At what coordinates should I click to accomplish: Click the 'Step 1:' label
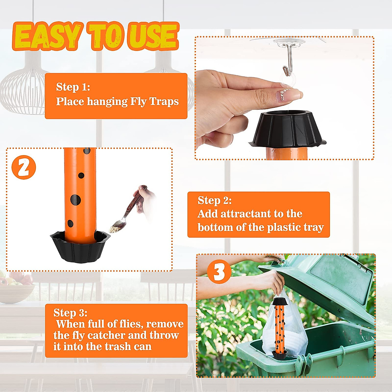click(73, 87)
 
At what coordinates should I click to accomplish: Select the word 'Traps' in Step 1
click(164, 102)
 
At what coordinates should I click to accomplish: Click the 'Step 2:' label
click(215, 200)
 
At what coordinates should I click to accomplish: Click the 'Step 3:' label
click(70, 313)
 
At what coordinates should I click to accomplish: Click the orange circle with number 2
click(24, 167)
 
